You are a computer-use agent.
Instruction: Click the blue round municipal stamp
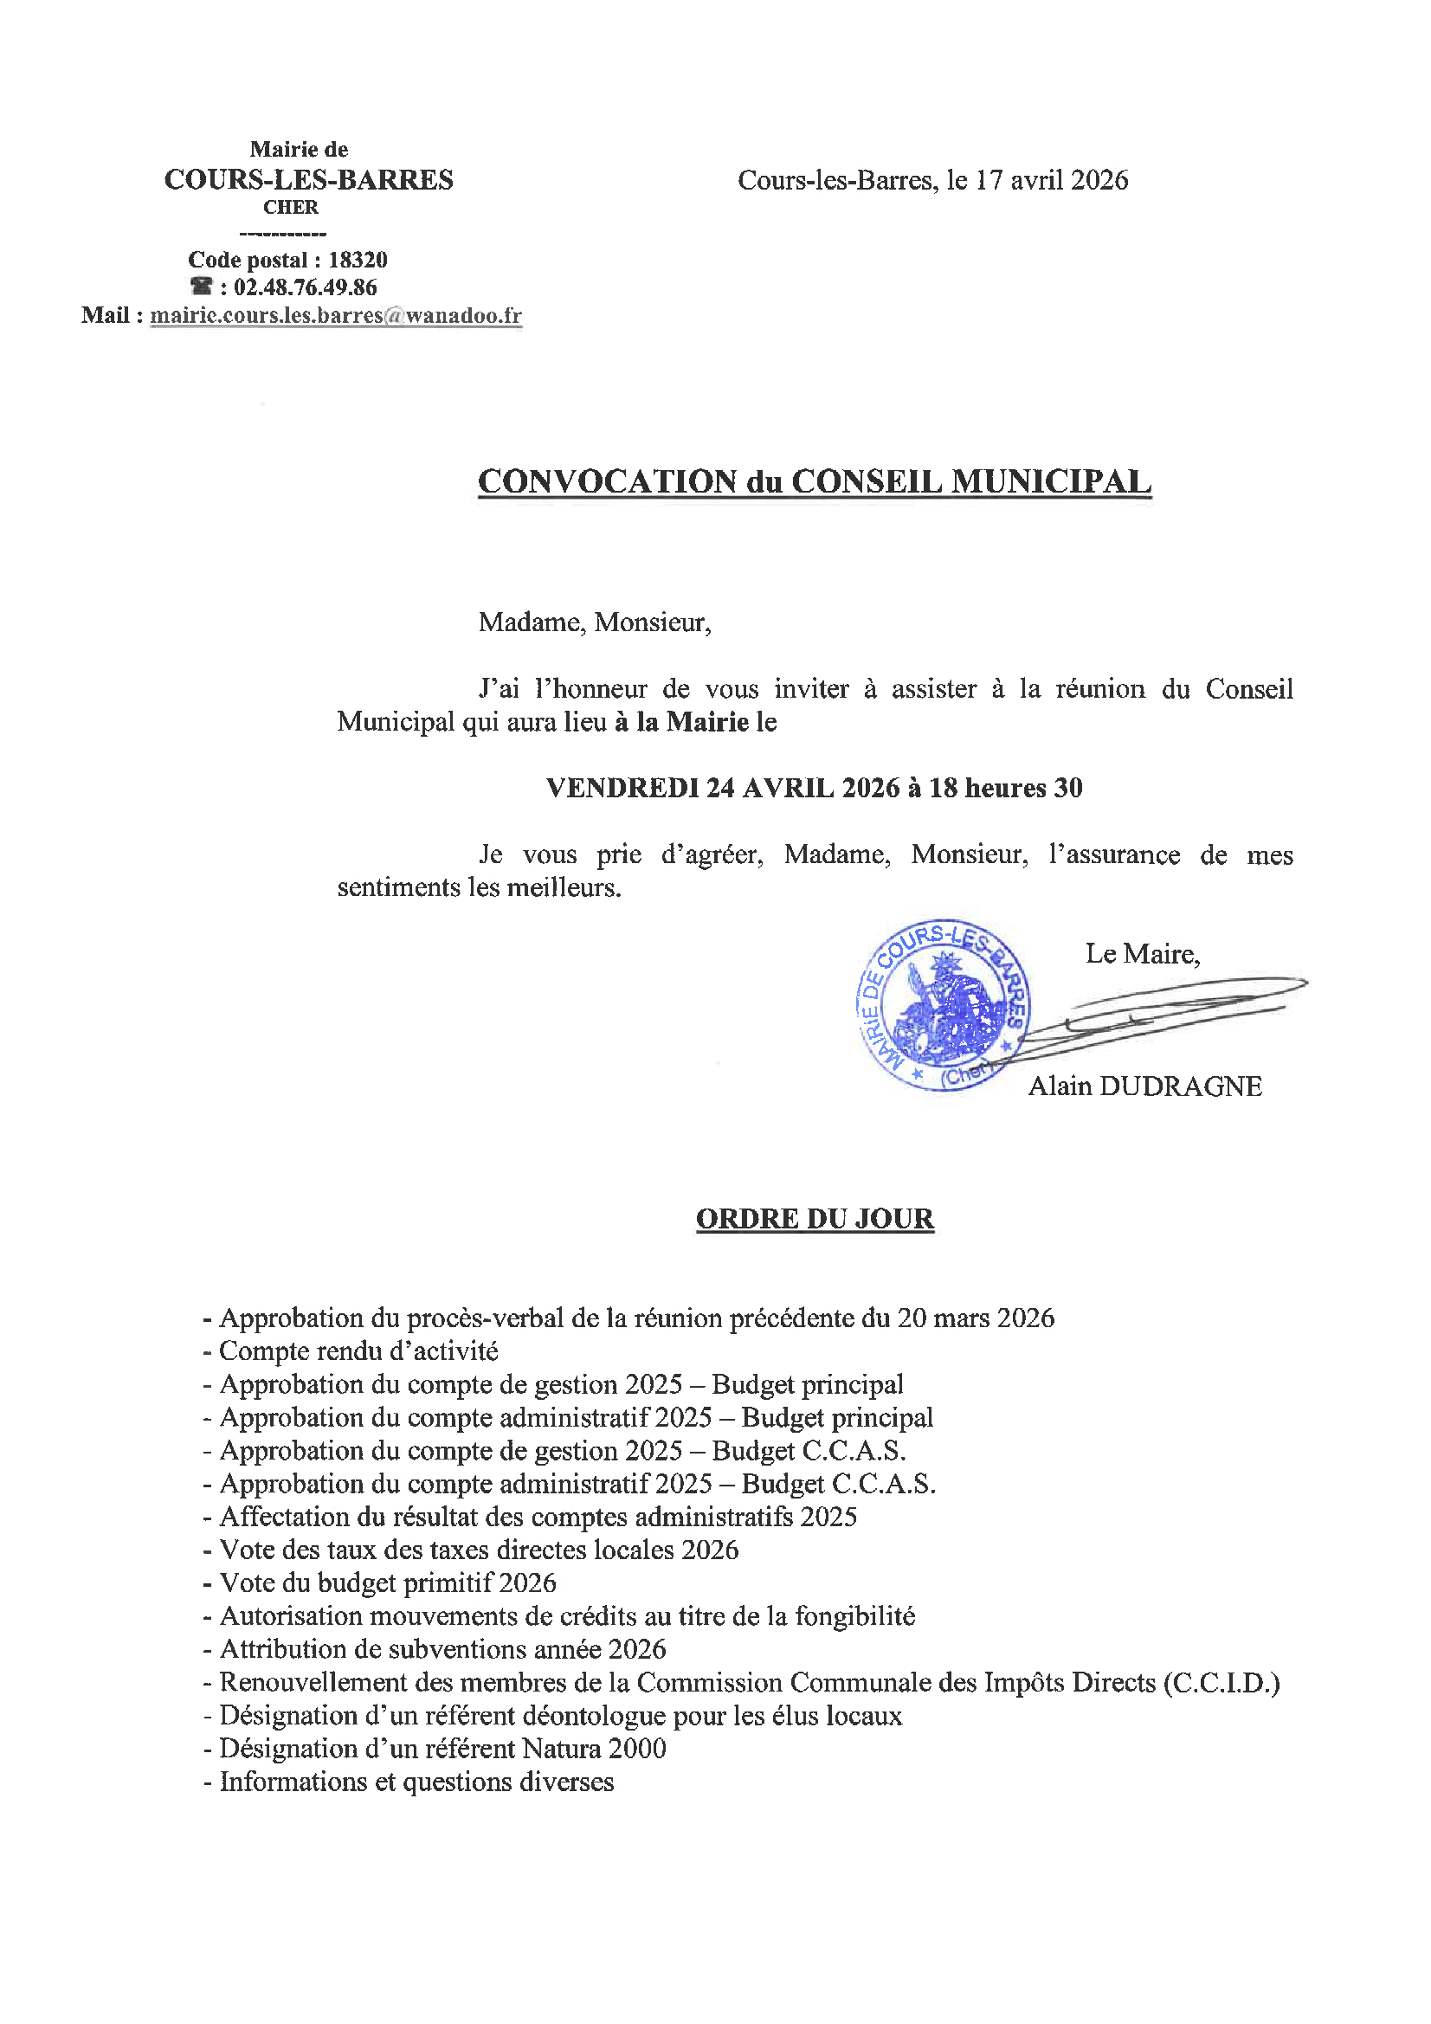pos(944,1005)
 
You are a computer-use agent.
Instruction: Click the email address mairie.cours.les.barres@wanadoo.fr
pos(336,316)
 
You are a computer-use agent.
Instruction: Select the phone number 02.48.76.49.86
pos(305,287)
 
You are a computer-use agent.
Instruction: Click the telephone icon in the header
pos(202,287)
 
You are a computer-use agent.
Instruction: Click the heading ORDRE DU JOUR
pos(815,1219)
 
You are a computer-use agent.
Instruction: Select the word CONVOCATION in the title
pos(608,482)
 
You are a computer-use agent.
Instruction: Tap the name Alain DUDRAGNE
pos(1144,1086)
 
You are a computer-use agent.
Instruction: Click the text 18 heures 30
pos(1005,788)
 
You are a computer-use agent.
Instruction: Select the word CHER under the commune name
pos(291,208)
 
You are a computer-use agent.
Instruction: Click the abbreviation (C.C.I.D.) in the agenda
pos(1222,1683)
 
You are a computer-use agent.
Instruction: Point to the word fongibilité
pos(854,1617)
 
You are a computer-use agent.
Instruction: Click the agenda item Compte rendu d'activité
pos(358,1351)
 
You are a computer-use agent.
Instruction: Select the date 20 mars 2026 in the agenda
pos(975,1318)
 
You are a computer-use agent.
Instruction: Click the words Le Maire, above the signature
pos(1143,954)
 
